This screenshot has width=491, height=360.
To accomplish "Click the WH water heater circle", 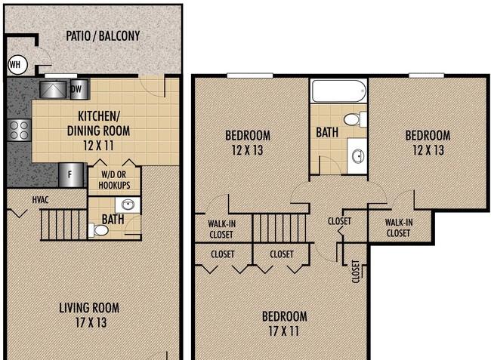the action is coord(17,65).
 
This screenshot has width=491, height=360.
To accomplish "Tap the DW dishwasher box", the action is coord(79,90).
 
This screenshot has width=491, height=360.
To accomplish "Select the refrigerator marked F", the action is coord(71,175).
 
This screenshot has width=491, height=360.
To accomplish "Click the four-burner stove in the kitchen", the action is coord(19,130).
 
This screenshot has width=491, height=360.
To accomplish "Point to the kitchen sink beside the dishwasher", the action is coord(53,90).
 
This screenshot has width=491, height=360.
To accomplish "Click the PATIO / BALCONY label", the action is coord(103,36).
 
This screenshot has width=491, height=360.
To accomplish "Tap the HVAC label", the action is coord(40,199).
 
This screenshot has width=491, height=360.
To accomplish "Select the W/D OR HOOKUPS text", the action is coord(114,180).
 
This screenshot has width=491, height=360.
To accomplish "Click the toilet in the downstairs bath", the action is coord(98,230).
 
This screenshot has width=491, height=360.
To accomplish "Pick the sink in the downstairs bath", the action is coord(128,205).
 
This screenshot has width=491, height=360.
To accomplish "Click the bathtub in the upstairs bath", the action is coord(338,91).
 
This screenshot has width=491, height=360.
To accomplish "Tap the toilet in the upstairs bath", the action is coord(355,119).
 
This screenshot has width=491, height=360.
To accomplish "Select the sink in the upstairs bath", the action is coord(357,155).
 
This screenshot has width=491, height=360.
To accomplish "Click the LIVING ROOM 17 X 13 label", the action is coord(90,315).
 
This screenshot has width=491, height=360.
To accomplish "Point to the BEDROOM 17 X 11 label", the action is coord(284,324).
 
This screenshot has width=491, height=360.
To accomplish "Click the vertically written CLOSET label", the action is coord(356,272).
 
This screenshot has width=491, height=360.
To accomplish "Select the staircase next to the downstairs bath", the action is coord(63,225).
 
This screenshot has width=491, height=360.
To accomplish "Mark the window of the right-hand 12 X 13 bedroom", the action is coord(427,75).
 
